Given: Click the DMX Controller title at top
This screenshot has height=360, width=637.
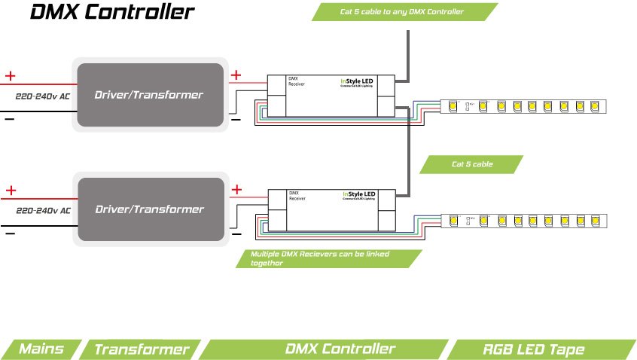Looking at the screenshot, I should pyautogui.click(x=111, y=13).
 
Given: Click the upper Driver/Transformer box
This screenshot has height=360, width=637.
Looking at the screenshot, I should pyautogui.click(x=148, y=95).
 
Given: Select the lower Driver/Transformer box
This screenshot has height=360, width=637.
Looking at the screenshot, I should pyautogui.click(x=149, y=209).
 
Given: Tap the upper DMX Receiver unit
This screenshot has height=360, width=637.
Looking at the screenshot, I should pyautogui.click(x=331, y=96).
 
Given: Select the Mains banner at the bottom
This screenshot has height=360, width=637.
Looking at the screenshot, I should pyautogui.click(x=41, y=349).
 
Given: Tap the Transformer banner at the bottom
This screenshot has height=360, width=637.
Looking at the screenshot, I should pyautogui.click(x=141, y=349).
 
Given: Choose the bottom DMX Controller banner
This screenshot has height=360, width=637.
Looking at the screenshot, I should pyautogui.click(x=340, y=349).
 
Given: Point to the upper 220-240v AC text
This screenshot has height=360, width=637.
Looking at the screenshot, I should pyautogui.click(x=44, y=96).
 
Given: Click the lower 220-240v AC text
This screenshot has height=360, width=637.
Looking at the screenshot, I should pyautogui.click(x=44, y=210).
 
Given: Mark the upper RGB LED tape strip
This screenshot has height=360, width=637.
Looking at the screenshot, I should pyautogui.click(x=523, y=106).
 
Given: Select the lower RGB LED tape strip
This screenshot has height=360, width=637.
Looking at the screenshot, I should pyautogui.click(x=523, y=221).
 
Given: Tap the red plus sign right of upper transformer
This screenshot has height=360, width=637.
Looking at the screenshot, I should pyautogui.click(x=236, y=75).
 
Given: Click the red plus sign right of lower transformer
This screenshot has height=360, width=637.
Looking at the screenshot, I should pyautogui.click(x=236, y=189).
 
